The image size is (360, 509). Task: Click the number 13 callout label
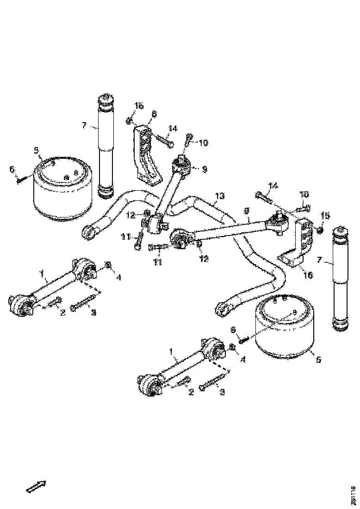[220, 196]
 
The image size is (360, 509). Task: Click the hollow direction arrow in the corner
[36, 485]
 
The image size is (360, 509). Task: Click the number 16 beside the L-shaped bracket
[308, 275]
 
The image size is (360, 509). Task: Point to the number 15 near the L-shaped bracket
[326, 215]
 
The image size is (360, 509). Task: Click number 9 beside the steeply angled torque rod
[204, 169]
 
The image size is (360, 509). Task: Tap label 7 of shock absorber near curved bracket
[84, 125]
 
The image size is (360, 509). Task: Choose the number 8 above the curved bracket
[154, 113]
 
